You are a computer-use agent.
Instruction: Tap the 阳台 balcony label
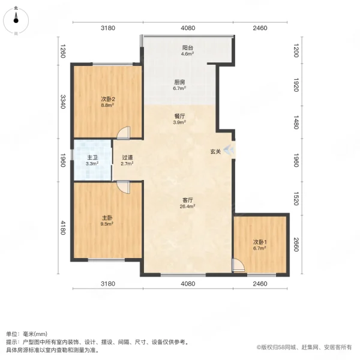[187, 47]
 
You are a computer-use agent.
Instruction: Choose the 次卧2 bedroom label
[107, 99]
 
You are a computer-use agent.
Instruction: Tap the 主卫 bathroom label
[92, 157]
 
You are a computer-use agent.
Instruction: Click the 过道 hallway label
[127, 157]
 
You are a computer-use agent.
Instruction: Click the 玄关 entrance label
[215, 152]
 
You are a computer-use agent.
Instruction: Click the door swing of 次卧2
[124, 133]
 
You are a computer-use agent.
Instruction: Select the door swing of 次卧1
[239, 266]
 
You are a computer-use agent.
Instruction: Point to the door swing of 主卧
[124, 187]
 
